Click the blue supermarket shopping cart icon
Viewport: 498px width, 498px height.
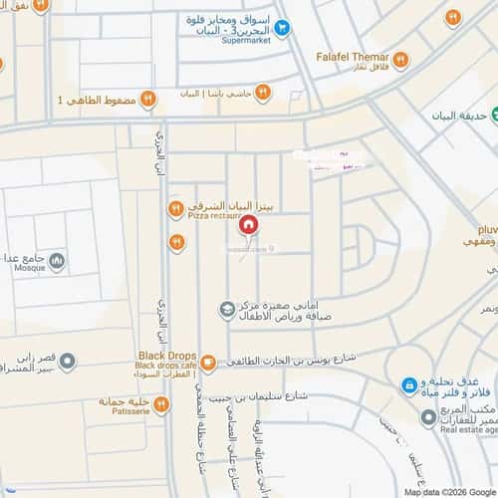pyautogui.click(x=283, y=28)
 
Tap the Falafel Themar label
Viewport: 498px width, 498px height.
pyautogui.click(x=350, y=58)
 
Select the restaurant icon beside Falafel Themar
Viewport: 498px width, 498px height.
pyautogui.click(x=398, y=60)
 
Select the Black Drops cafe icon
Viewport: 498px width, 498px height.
pyautogui.click(x=207, y=363)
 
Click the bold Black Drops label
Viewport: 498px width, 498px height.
pyautogui.click(x=165, y=355)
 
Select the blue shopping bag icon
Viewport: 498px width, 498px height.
pyautogui.click(x=407, y=385)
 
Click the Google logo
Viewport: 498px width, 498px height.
pyautogui.click(x=479, y=491)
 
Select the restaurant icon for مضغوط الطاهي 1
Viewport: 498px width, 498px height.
pyautogui.click(x=146, y=99)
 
